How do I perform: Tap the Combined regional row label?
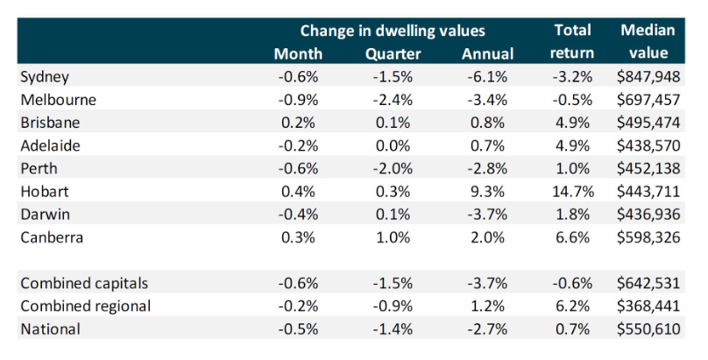point(84,307)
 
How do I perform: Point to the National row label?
point(50,328)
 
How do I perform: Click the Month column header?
point(298,53)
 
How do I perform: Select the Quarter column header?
point(393,53)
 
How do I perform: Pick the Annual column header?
point(487,53)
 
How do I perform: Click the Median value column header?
point(648,41)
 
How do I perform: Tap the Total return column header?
point(573,41)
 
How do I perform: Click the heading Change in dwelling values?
point(393,32)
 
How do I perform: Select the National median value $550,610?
point(648,328)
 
